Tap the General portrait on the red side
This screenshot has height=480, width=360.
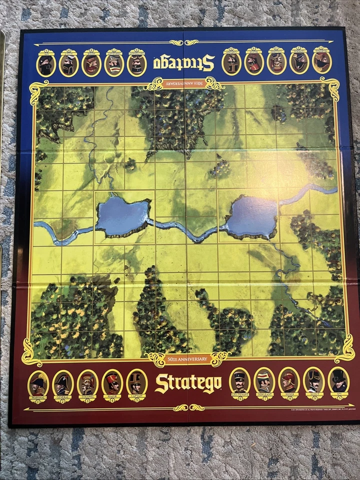pyautogui.click(x=63, y=384)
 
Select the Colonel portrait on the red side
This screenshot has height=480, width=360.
pyautogui.click(x=87, y=384)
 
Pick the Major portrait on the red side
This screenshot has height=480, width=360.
pyautogui.click(x=112, y=383)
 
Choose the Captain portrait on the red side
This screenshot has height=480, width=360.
pyautogui.click(x=136, y=383)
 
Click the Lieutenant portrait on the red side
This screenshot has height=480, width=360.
pyautogui.click(x=239, y=382)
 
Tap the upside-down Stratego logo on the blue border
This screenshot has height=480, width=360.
pyautogui.click(x=183, y=62)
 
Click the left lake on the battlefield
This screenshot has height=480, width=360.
pyautogui.click(x=122, y=216)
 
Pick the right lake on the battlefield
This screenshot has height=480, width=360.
pyautogui.click(x=251, y=216)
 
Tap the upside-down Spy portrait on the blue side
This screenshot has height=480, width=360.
pyautogui.click(x=46, y=63)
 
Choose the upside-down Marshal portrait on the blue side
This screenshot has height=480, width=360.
pyautogui.click(x=322, y=60)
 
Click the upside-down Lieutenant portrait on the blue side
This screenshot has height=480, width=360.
pyautogui.click(x=231, y=62)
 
